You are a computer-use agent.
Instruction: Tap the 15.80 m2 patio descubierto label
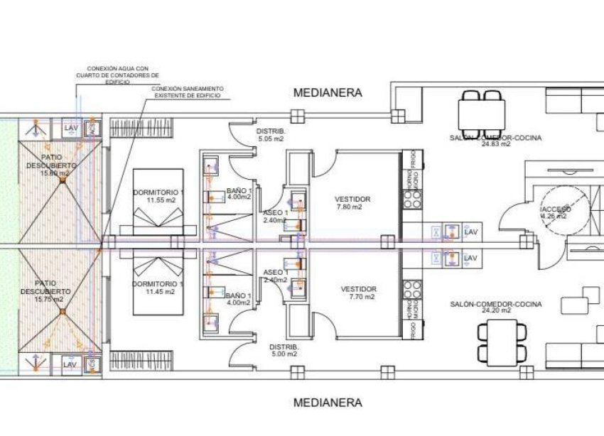[55, 164]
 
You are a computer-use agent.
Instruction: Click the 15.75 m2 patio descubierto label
[55, 291]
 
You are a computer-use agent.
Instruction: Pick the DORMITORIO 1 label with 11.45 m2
[158, 288]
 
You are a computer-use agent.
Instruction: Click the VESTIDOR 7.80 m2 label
[353, 202]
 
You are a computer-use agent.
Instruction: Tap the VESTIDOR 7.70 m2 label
[358, 293]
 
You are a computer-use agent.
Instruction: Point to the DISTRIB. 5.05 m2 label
[271, 135]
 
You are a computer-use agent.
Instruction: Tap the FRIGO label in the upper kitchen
[409, 160]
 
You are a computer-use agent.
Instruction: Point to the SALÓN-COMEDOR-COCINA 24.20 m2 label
[495, 307]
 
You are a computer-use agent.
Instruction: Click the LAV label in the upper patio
[70, 128]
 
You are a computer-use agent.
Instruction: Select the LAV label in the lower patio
[69, 364]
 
